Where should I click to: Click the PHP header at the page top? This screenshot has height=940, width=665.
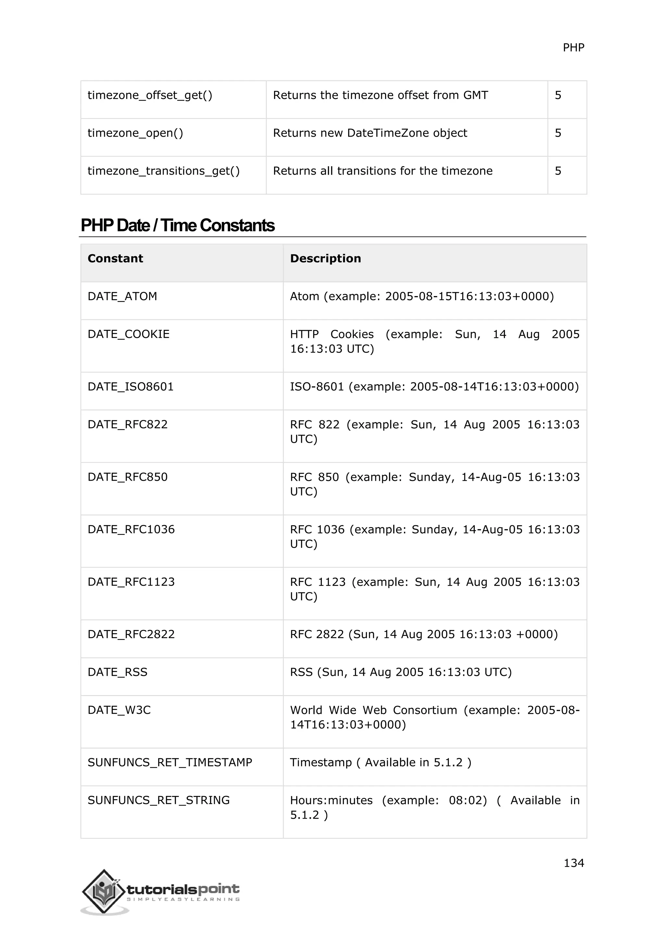click(x=573, y=48)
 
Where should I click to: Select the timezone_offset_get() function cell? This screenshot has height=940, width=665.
click(x=150, y=95)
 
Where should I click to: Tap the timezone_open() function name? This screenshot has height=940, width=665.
click(x=135, y=133)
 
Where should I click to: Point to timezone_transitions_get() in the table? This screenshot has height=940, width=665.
click(x=163, y=171)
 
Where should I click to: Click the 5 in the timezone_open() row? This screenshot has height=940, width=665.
click(x=558, y=133)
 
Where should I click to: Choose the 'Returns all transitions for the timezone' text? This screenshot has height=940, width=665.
click(x=383, y=171)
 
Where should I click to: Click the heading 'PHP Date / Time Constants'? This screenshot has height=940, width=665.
click(x=177, y=226)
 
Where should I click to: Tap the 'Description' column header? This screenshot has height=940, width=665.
click(x=326, y=259)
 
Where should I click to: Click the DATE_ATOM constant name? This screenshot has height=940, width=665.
click(x=122, y=296)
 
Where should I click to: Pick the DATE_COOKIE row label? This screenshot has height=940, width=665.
click(x=128, y=334)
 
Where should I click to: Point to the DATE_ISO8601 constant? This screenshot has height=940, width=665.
click(x=131, y=387)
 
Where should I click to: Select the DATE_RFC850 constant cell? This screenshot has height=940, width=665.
click(x=127, y=477)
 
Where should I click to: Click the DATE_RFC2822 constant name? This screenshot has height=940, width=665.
click(x=131, y=634)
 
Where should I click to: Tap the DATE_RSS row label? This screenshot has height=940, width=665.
click(x=117, y=672)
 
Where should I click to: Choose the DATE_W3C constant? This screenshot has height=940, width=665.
click(x=119, y=710)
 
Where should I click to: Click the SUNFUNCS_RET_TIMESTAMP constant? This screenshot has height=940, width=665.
click(x=169, y=762)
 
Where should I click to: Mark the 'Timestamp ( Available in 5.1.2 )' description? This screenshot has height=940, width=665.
click(x=381, y=762)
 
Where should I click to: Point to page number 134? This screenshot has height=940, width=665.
click(x=574, y=863)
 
